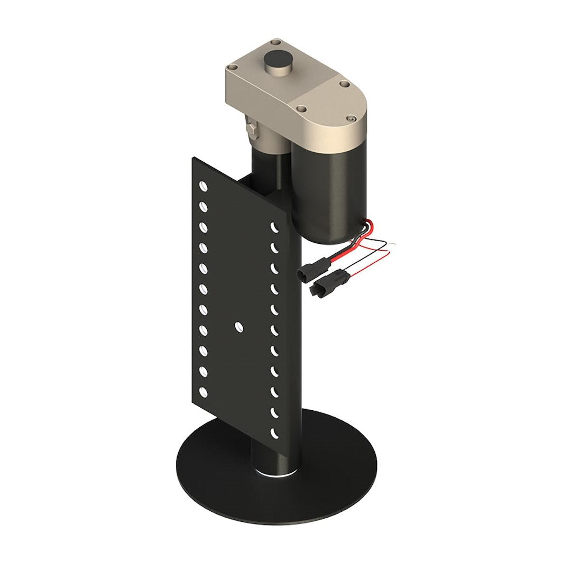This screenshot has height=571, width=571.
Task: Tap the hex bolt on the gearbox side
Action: click(251, 128)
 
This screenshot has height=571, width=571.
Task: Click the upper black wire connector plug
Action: click(310, 270)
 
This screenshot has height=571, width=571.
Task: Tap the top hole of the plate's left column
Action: click(202, 186)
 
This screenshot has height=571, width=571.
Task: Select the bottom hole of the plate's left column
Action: click(202, 392)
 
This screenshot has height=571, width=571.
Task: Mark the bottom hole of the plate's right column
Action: click(274, 433)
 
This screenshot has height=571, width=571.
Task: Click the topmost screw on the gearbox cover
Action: click(275, 41)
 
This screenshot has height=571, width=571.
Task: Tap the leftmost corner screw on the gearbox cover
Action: click(231, 68)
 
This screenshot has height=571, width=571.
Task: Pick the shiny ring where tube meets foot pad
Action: click(275, 474)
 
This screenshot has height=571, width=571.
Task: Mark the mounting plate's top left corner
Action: click(194, 158)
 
